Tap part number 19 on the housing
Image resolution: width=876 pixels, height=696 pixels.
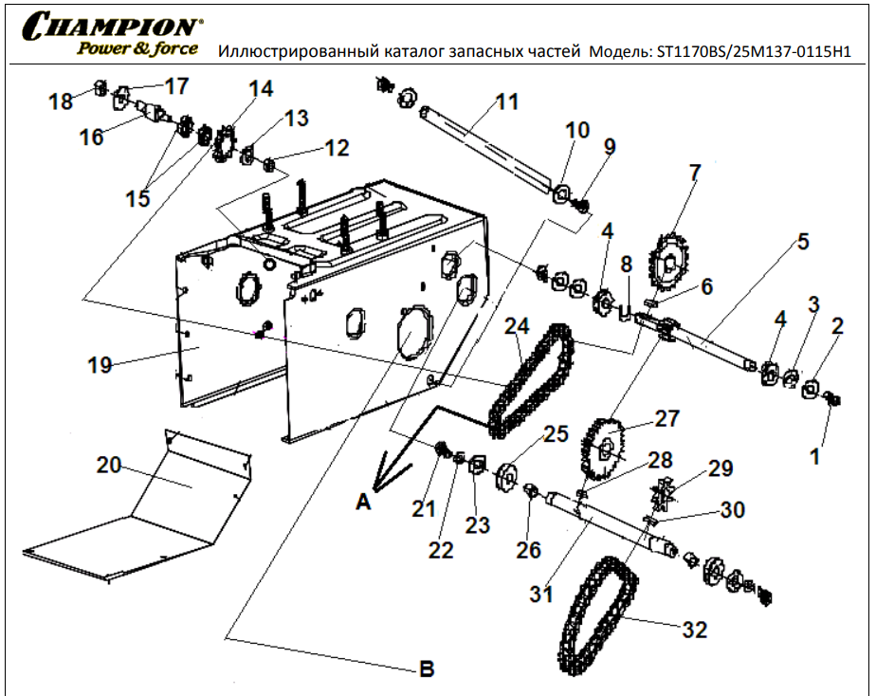click(101, 364)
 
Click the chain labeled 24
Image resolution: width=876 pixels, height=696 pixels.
click(531, 379)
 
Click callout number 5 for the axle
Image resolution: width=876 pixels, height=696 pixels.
click(802, 241)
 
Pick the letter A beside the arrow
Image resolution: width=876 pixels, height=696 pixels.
click(362, 504)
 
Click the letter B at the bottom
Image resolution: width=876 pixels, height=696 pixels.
click(427, 669)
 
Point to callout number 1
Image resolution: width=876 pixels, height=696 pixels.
click(813, 456)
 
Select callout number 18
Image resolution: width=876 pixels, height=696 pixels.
click(61, 101)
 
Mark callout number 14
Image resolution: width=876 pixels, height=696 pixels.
click(260, 89)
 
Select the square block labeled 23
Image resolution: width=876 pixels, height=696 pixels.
click(477, 464)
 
